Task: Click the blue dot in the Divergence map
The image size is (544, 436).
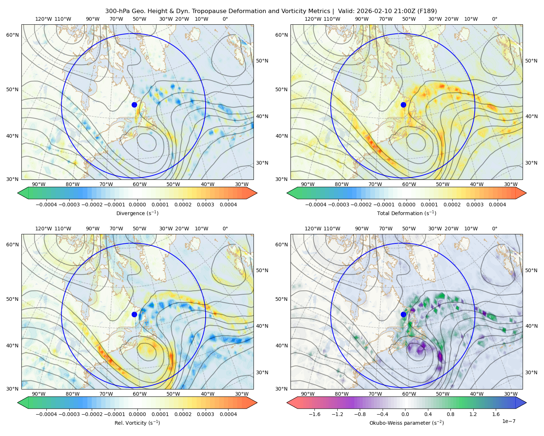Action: [134, 105]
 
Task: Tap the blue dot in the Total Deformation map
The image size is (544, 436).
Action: [403, 105]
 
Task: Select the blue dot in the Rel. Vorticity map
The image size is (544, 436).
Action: [134, 314]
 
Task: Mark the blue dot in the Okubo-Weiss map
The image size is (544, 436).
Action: [403, 314]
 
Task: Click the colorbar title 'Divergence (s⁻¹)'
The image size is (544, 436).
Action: [137, 213]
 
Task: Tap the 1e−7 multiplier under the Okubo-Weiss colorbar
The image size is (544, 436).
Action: [508, 421]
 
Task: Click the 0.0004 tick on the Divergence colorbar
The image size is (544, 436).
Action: [228, 205]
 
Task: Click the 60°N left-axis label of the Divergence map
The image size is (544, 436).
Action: [12, 35]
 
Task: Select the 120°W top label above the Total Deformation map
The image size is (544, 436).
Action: [313, 19]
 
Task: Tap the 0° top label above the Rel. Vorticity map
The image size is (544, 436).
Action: [225, 229]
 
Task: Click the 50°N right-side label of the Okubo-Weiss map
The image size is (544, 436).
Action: [531, 270]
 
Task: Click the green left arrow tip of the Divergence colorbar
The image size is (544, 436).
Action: [18, 193]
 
